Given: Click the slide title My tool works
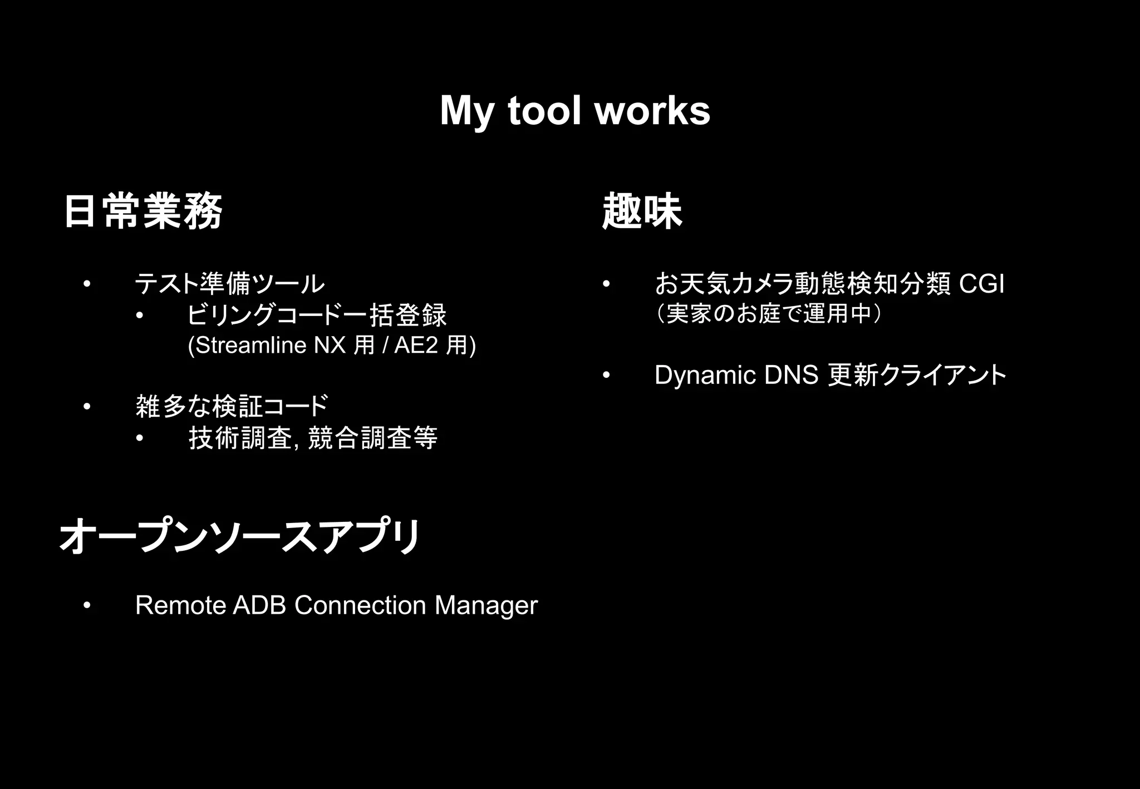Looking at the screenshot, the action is (574, 111).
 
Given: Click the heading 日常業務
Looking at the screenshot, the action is (144, 211).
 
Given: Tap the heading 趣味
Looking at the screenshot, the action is (642, 211).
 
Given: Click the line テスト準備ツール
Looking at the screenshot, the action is (229, 284).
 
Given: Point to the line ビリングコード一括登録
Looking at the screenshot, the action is (317, 315).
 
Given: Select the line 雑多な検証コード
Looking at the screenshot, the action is (232, 406).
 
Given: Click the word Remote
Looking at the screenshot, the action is (180, 605).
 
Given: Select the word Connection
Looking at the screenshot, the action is (360, 605).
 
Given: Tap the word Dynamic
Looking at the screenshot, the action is (705, 376).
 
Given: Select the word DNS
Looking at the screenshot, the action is (790, 376).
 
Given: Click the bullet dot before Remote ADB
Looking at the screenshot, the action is (86, 605).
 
